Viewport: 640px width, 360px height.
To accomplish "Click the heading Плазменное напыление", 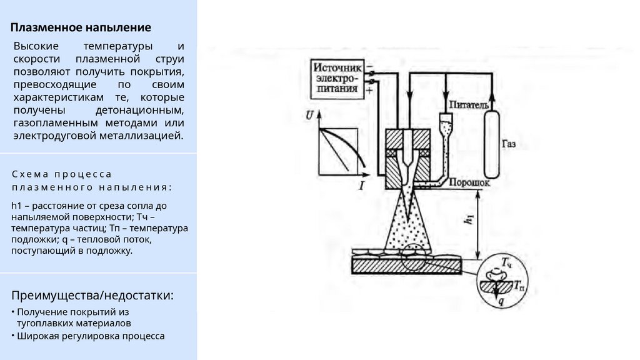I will [81, 27].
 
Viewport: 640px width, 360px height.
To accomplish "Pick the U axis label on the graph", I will [309, 115].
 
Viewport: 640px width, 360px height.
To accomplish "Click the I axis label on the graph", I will [361, 185].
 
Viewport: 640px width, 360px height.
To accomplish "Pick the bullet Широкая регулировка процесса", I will [91, 336].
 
